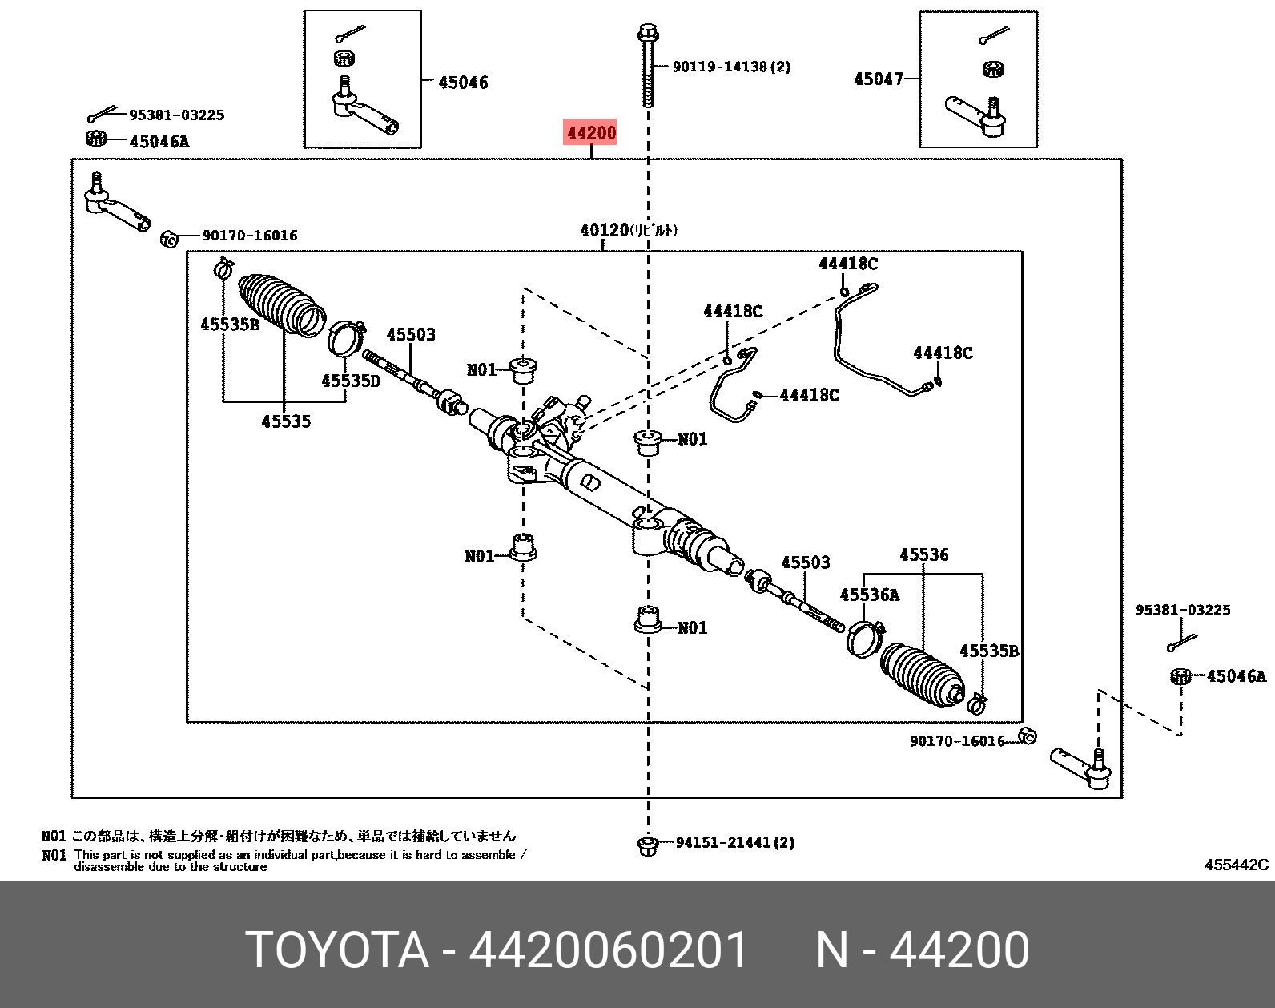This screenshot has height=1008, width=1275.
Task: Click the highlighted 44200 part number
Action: (591, 132)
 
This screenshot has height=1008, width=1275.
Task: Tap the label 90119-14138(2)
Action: (731, 67)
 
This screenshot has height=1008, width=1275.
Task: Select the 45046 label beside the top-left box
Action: (463, 82)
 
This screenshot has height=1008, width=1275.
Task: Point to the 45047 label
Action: (879, 79)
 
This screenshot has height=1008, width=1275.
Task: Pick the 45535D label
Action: (351, 381)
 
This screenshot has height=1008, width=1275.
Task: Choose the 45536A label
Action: (869, 595)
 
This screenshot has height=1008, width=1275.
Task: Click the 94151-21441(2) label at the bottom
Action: (735, 842)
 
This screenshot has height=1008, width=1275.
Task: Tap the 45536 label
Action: (923, 554)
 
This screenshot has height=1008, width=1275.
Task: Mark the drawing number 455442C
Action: (1237, 865)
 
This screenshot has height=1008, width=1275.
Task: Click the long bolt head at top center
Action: (647, 33)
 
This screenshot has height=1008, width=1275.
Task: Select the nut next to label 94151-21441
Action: (647, 845)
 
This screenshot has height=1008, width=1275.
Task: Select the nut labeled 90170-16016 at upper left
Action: (169, 238)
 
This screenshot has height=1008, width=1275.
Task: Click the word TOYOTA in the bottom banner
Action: (336, 950)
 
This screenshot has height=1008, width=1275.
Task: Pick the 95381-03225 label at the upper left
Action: (176, 115)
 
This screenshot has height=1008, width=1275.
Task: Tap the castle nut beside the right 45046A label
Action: (1180, 676)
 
